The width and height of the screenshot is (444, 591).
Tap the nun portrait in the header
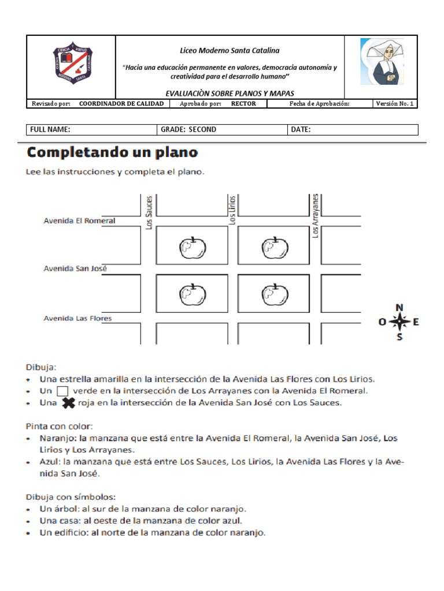[382, 62]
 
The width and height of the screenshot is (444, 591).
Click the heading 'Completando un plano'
[112, 153]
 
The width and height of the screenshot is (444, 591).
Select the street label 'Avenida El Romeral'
[79, 220]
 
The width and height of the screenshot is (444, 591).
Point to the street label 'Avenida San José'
[75, 268]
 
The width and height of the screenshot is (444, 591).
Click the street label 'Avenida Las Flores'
[77, 318]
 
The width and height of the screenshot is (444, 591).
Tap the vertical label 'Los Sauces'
[149, 212]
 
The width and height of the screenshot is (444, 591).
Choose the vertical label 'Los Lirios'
[232, 210]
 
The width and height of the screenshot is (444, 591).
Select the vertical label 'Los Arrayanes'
[316, 215]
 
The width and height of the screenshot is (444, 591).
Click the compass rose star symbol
[399, 321]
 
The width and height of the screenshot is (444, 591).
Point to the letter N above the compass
[399, 307]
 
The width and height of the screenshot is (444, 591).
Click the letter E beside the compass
[416, 322]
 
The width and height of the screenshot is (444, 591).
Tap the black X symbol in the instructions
[68, 403]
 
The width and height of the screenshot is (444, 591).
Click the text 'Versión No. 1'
[394, 104]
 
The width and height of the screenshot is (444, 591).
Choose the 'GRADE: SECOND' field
[188, 130]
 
